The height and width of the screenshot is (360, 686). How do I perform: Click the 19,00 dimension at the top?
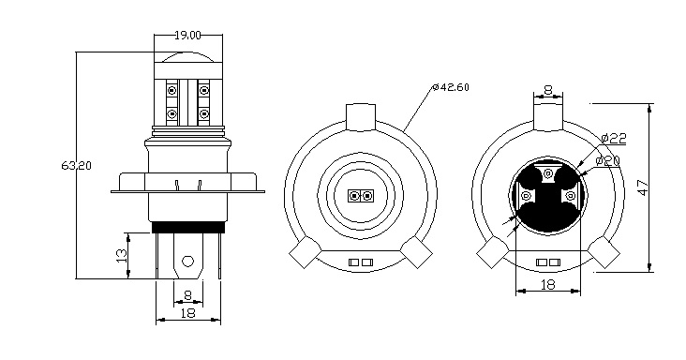[x=187, y=35]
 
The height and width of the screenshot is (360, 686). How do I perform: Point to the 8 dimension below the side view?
[x=187, y=295]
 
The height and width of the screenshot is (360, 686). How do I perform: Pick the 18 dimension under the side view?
[x=187, y=315]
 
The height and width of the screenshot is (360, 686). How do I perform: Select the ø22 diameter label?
[x=613, y=138]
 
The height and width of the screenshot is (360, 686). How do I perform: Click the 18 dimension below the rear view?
[x=549, y=282]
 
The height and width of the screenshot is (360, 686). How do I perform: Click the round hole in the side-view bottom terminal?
[x=187, y=262]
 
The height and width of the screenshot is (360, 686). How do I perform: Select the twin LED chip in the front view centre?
[x=360, y=196]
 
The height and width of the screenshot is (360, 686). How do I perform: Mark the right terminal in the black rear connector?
[x=572, y=195]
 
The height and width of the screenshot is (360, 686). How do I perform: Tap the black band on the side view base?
[x=187, y=226]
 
